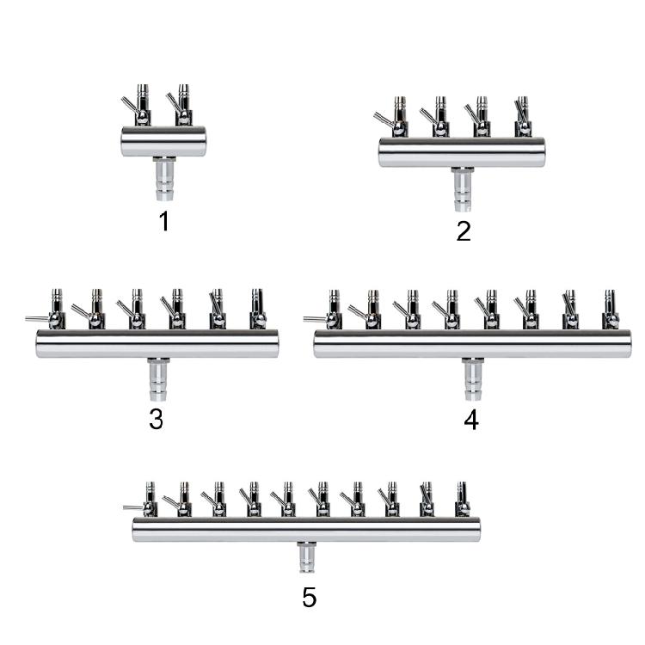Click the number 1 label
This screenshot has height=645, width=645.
coord(164,221)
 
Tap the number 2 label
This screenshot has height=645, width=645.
coord(464,231)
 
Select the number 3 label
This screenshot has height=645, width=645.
coord(156,420)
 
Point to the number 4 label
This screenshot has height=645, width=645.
coord(471,421)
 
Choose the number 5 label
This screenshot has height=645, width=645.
coord(310,598)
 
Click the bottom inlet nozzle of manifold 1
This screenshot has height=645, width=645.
coord(165,179)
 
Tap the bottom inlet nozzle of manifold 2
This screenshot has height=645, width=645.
coord(463,189)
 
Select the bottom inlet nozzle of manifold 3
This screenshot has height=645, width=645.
coord(158,379)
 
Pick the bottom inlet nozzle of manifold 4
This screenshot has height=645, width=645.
coord(473,379)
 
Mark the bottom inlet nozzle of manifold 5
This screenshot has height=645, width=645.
coord(306,557)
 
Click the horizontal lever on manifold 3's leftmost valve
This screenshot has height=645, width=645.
coord(38,319)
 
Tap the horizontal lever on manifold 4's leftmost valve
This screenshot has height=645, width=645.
coord(316,318)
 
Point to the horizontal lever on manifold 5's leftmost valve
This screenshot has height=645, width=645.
coord(133,507)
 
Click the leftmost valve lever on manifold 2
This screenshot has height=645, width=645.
coord(384,120)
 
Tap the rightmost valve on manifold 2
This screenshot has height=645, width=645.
coord(523,117)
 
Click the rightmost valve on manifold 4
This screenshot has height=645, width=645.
coord(611,310)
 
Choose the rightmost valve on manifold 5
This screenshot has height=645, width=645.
coord(463,500)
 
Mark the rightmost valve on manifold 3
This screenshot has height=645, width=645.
coord(258,309)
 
